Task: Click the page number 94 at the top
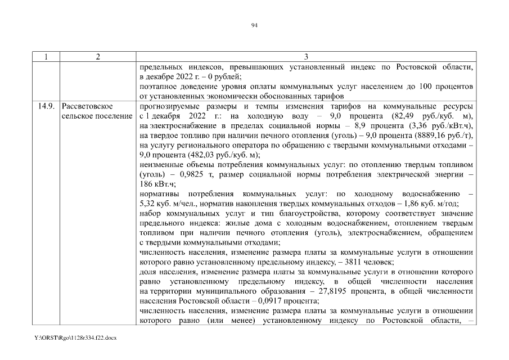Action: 254,25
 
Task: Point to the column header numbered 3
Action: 306,57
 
